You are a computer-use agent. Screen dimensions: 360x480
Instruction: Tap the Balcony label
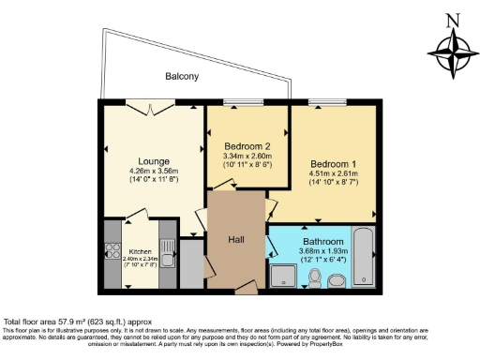point(182,76)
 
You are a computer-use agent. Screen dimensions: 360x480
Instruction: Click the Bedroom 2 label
point(247,146)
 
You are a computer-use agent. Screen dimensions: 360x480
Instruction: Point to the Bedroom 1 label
point(333,161)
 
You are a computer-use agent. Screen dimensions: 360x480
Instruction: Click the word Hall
point(237,240)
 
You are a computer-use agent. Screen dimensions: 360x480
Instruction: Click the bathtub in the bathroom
point(364,255)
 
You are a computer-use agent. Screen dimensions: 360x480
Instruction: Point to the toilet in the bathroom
point(316,277)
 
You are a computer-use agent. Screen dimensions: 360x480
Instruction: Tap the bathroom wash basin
point(338,279)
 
